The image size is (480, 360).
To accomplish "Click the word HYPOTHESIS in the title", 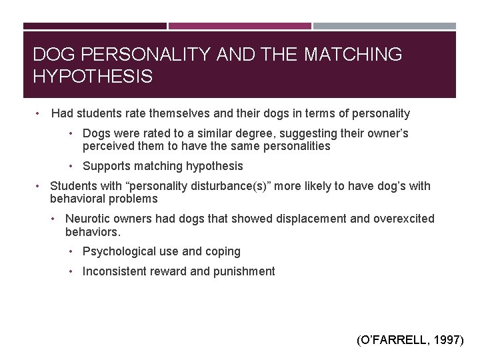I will pos(93,77).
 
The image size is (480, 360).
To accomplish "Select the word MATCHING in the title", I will pos(353,55).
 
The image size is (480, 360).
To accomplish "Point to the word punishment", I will pos(243,271).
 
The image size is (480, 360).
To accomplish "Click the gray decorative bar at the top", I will pos(385,26).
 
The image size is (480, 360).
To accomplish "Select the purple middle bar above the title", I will pos(239,26).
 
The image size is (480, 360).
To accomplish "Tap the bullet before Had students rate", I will pos(39,113).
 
